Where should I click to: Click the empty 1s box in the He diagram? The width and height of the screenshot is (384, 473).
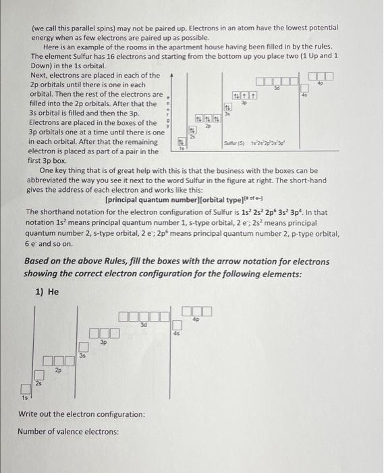25,389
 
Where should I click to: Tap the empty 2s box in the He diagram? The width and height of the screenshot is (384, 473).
40,375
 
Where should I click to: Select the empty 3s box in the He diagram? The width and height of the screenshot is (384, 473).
84,347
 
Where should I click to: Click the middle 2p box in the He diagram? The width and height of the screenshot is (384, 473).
59,363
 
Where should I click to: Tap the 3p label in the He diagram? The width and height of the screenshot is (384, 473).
103,342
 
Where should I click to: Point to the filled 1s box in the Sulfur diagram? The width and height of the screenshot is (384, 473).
181,143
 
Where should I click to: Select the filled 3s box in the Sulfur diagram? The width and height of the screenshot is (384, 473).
227,107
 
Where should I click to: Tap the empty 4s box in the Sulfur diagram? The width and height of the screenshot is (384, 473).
304,88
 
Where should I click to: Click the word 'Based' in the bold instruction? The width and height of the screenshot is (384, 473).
37,260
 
